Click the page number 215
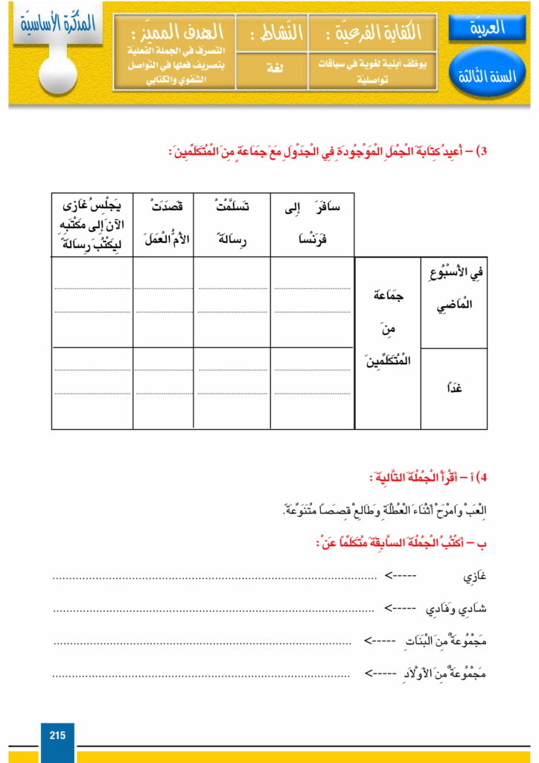(57, 735)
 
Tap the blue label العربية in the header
(488, 29)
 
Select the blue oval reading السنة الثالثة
(488, 75)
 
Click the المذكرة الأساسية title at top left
(57, 22)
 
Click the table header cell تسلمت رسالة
(232, 221)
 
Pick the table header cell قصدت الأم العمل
(163, 221)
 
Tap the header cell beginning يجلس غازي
(92, 222)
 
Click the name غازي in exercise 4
(473, 576)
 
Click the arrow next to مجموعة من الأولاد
(380, 674)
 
